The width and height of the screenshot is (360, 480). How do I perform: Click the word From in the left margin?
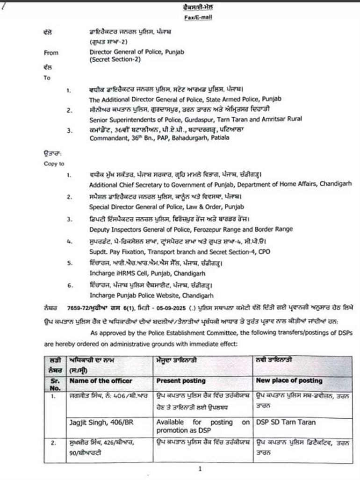tap(51, 53)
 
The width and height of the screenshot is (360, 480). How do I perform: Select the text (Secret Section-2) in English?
tap(112, 60)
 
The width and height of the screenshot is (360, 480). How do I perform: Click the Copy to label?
tap(54, 164)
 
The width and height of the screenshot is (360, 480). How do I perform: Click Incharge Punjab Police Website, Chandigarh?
tap(151, 295)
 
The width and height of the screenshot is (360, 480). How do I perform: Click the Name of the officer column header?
tap(101, 381)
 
